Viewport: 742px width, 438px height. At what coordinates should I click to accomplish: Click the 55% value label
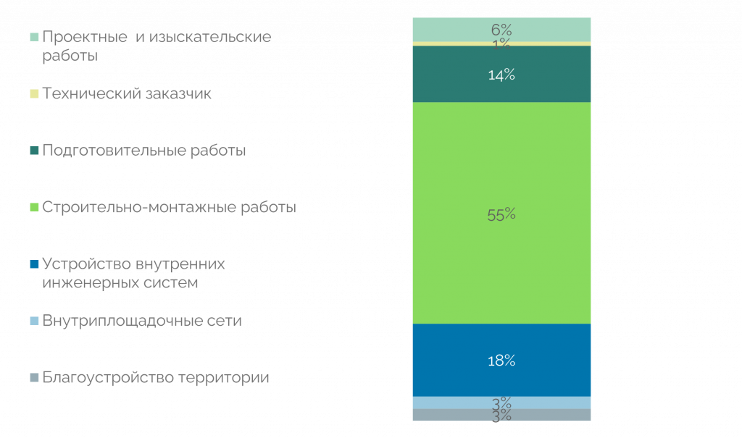click(501, 214)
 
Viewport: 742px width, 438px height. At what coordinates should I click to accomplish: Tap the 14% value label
click(501, 75)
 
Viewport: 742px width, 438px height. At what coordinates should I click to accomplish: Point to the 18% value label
click(501, 361)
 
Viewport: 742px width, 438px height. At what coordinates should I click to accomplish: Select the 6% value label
click(501, 30)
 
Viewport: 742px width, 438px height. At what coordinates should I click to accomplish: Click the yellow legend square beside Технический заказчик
click(33, 94)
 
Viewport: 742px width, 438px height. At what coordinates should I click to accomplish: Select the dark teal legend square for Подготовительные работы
click(33, 151)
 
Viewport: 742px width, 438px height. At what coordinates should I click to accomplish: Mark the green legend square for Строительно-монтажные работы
click(33, 208)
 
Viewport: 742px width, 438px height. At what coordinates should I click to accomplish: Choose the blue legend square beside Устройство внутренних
click(33, 264)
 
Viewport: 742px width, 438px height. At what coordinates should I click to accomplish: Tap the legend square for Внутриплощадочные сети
click(33, 321)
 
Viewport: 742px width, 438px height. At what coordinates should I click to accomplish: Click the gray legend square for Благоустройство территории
click(33, 378)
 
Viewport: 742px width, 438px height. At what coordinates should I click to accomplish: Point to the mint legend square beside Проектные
click(33, 37)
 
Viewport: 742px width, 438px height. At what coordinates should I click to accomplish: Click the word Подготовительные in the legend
click(107, 151)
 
